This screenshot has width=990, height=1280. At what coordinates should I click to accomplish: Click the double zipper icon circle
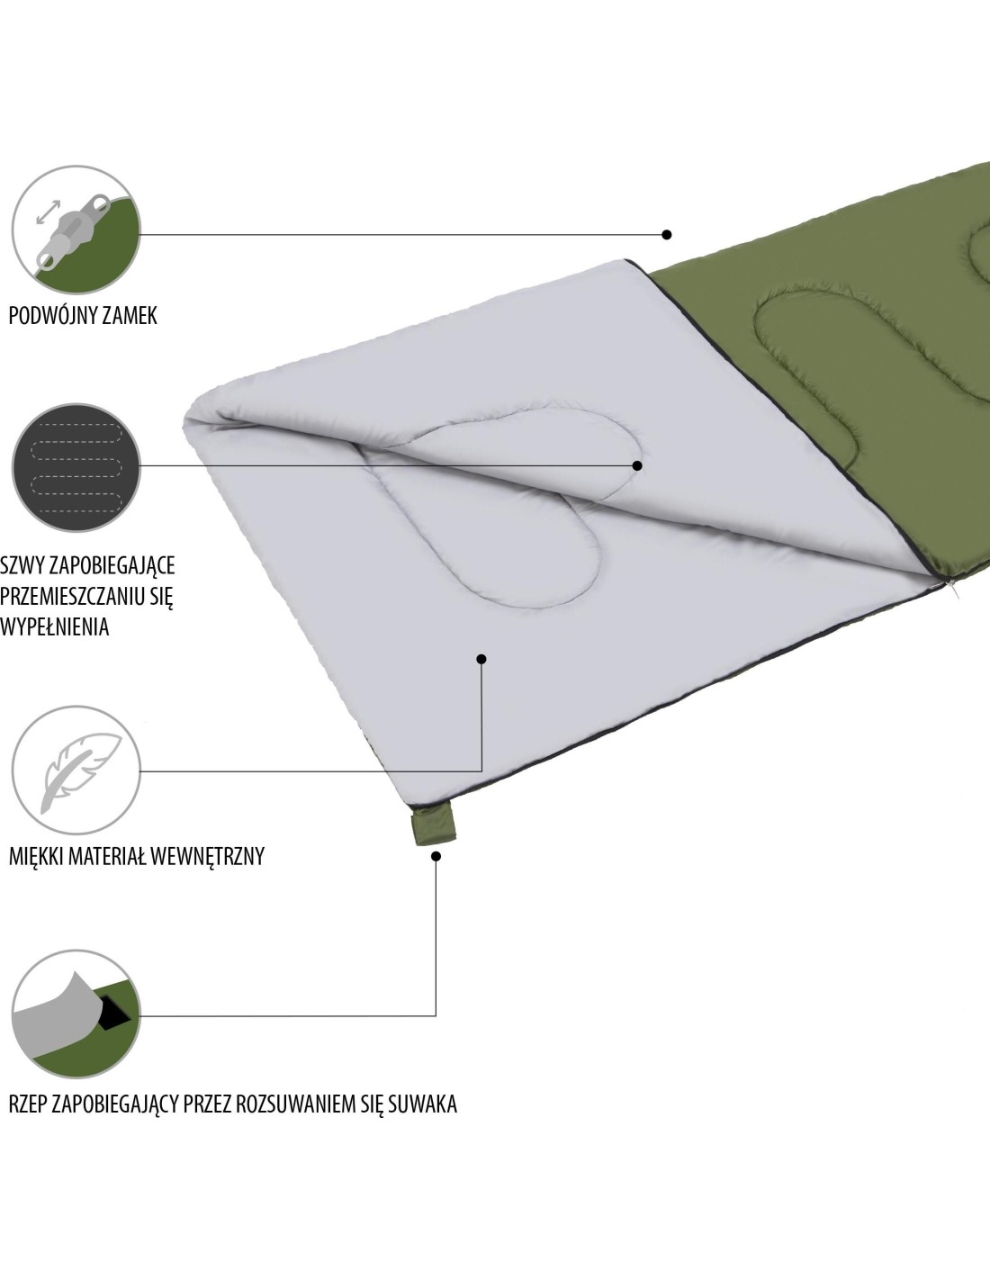click(x=76, y=230)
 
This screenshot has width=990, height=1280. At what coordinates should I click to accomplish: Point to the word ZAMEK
click(x=130, y=316)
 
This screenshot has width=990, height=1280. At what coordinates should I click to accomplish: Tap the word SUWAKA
click(x=422, y=1104)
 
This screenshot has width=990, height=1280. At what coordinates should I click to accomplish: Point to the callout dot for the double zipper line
click(x=667, y=234)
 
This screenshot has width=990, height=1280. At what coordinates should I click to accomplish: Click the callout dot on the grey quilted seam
click(x=637, y=465)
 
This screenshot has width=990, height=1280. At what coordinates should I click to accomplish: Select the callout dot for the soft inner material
click(x=481, y=659)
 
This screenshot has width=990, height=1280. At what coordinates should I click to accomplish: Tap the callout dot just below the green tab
click(x=436, y=856)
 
